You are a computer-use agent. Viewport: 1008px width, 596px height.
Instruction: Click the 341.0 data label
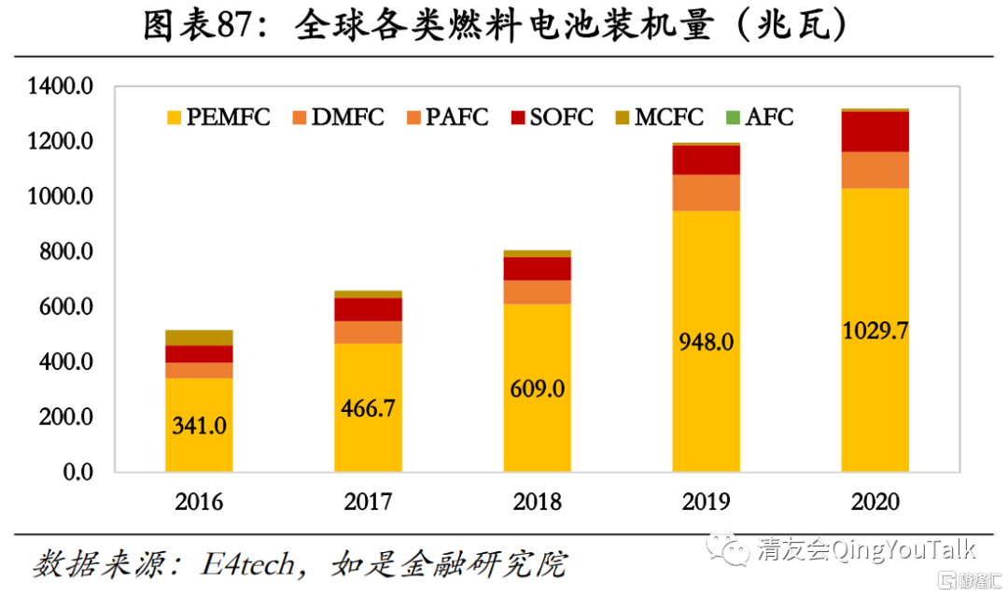pos(199,426)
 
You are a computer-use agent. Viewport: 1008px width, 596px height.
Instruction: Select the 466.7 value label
pos(368,407)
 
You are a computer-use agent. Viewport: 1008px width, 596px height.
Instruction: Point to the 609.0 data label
pos(538,389)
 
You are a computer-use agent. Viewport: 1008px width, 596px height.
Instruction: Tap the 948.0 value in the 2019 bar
pos(707,342)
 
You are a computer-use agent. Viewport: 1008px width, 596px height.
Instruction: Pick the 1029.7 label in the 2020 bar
pos(875,331)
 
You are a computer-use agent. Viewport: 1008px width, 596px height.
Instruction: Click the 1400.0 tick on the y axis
pos(61,87)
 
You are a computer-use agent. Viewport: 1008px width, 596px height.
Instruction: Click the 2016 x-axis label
pos(199,502)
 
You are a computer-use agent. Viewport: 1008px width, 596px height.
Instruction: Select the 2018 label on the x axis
pos(538,502)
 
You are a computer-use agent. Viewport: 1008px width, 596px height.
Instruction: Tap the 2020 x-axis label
pos(875,502)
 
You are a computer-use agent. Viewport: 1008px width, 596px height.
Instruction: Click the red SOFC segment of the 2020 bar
pos(875,132)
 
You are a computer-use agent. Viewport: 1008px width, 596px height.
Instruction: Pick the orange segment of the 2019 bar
pos(707,192)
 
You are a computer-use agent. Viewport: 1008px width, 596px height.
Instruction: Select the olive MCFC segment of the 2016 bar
pos(199,337)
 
